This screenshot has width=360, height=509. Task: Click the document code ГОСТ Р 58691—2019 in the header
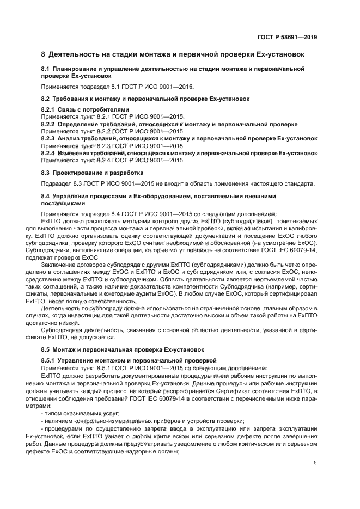(287, 38)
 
